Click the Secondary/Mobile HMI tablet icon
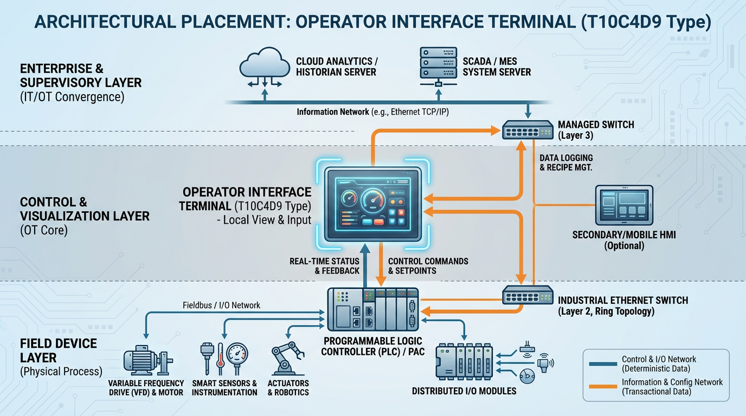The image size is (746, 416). pos(624,205)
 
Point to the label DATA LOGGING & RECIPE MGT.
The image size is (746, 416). pos(566,162)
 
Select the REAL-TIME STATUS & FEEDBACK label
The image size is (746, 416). pos(325,265)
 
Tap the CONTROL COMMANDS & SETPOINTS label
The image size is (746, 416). pos(428,265)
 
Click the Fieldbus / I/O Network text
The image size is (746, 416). pos(221,305)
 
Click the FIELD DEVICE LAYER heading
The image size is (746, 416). pos(59,350)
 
